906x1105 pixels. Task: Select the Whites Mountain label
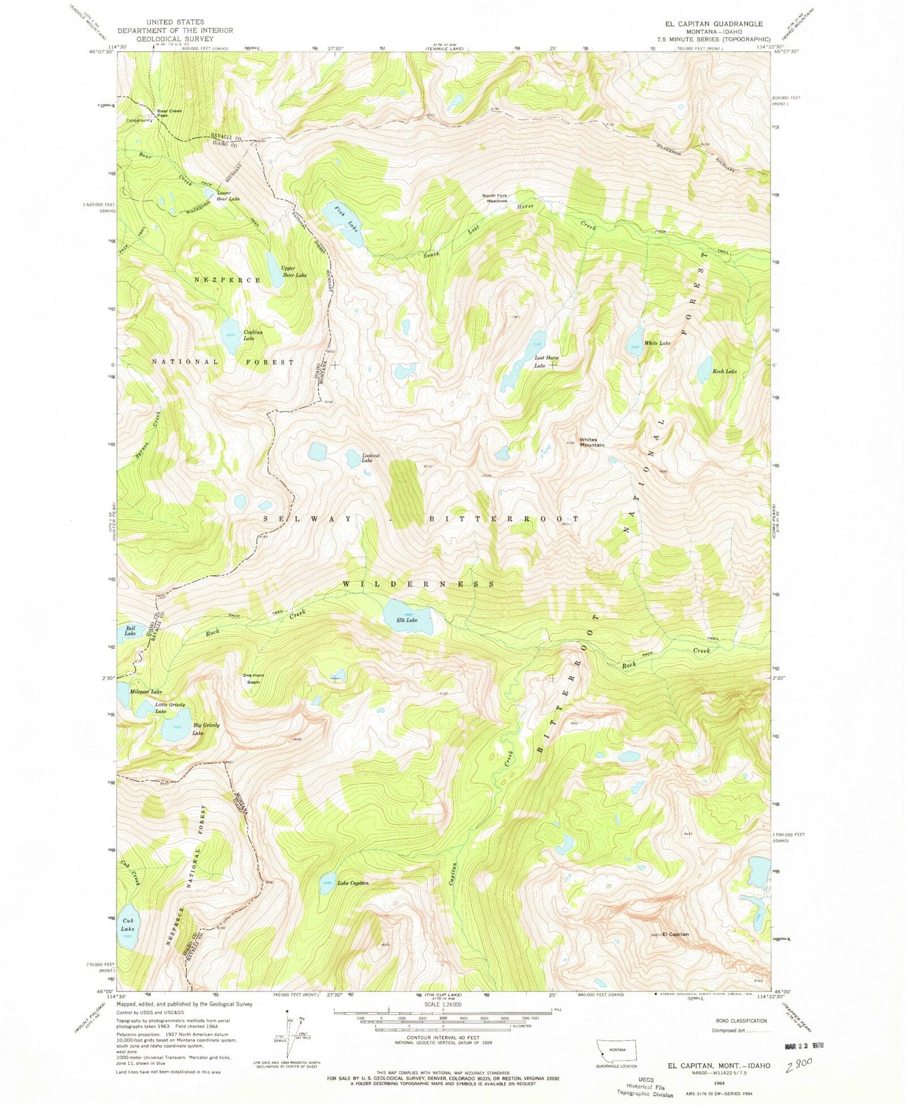[x=592, y=442]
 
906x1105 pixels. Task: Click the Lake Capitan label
[x=353, y=883]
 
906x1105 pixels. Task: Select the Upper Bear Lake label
[x=293, y=272]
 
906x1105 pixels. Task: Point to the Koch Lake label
[x=724, y=371]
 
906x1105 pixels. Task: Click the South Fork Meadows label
[x=495, y=198]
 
